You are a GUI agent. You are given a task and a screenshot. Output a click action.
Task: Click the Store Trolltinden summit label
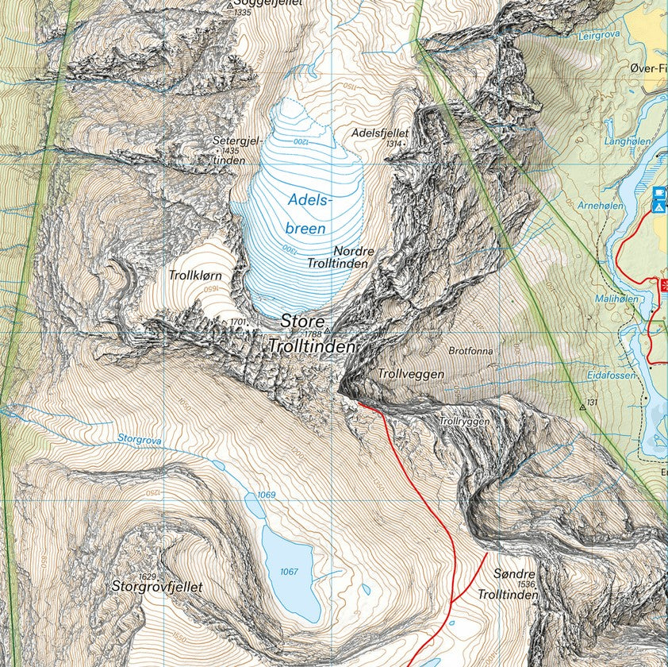(x=312, y=334)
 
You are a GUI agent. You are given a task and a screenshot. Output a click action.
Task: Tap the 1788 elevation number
(x=313, y=334)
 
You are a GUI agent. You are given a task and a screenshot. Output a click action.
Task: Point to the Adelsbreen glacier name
(x=306, y=214)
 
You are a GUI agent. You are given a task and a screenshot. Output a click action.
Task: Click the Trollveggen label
(x=411, y=373)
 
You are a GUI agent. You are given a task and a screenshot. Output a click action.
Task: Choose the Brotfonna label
(x=470, y=350)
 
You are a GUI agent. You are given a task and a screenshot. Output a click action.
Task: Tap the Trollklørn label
(x=194, y=276)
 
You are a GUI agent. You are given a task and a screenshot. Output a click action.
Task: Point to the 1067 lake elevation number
(x=288, y=572)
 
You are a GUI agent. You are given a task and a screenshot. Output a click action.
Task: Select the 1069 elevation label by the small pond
(x=266, y=495)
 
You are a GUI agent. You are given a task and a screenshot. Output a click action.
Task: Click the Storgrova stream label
(x=139, y=438)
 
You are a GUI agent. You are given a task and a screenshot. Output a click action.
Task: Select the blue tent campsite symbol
(x=658, y=206)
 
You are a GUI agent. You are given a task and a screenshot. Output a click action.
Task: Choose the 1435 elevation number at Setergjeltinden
(x=231, y=151)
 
